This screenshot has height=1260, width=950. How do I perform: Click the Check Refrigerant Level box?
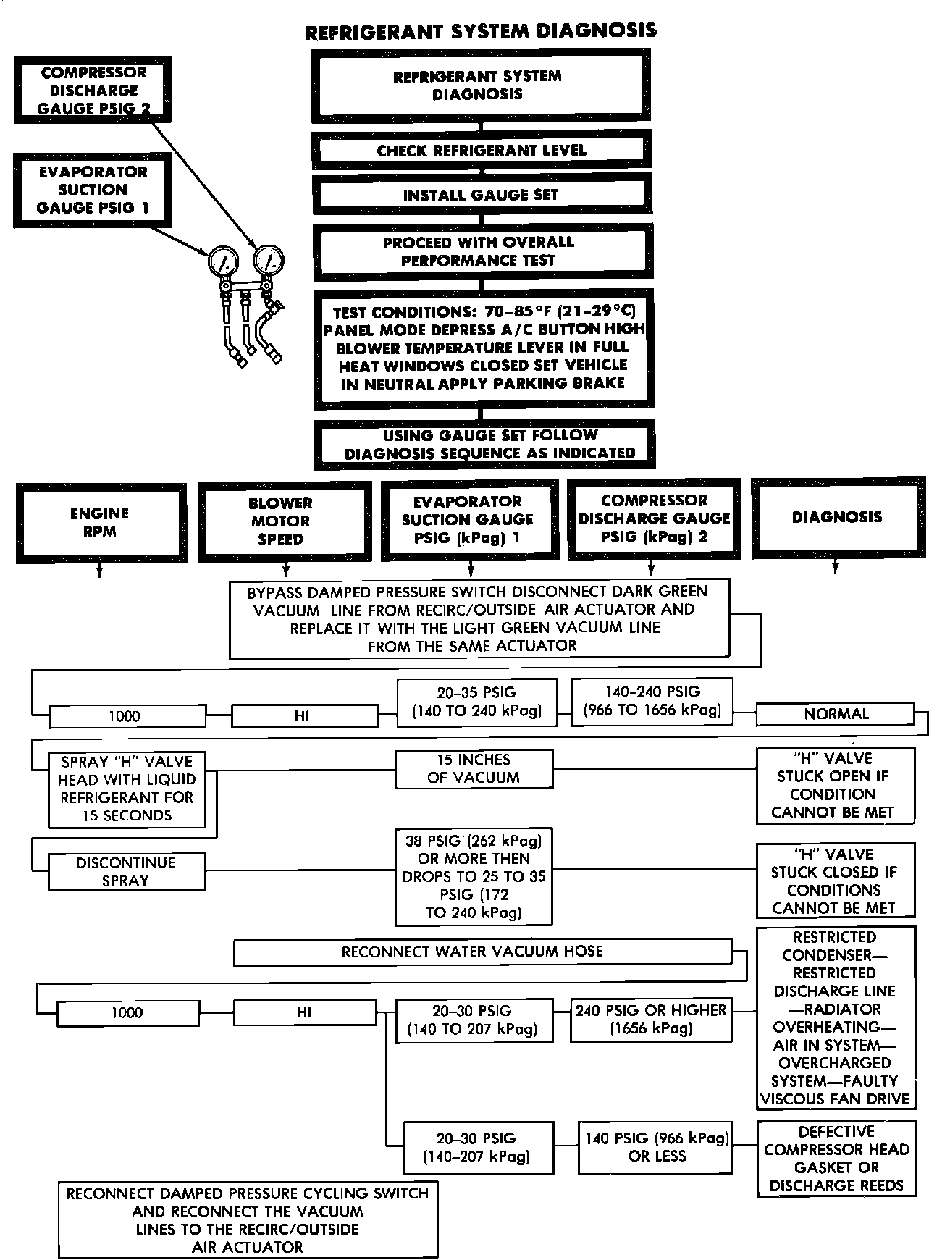481,150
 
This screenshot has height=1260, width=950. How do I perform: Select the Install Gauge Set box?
481,194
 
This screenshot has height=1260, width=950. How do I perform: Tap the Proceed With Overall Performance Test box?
481,251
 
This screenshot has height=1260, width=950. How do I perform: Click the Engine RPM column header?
100,522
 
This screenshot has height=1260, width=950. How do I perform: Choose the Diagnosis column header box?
837,517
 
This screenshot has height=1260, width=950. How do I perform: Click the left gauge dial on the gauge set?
223,261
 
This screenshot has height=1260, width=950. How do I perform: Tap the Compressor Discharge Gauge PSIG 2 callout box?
93,91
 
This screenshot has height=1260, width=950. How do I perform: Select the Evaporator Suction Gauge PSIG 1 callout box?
93,190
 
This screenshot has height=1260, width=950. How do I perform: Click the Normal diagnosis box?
836,714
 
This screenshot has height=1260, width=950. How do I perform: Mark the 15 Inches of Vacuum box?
474,768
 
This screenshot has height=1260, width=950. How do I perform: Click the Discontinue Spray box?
126,872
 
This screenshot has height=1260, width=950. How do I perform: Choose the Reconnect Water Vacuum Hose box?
482,952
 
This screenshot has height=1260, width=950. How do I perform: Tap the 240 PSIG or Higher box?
651,1020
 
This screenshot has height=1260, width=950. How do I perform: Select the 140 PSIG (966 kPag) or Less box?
657,1147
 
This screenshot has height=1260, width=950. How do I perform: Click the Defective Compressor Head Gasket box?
836,1159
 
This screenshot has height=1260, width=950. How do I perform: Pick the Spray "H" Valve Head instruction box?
127,789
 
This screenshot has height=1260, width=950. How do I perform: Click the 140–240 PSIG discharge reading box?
652,700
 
